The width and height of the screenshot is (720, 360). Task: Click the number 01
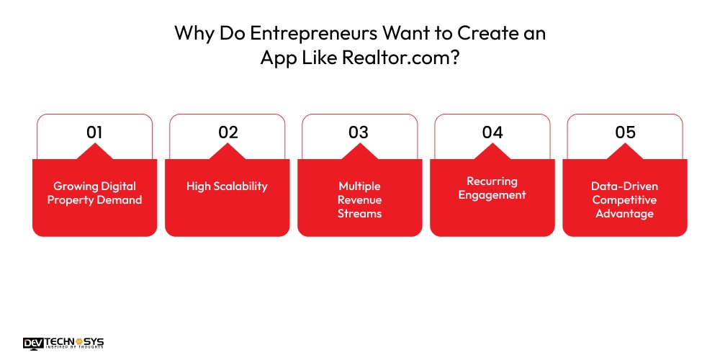click(x=94, y=132)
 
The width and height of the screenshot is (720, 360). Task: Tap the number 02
click(x=228, y=132)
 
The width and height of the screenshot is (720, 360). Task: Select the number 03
click(x=359, y=132)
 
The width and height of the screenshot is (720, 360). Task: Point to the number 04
click(x=492, y=132)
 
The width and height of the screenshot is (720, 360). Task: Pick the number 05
click(x=624, y=132)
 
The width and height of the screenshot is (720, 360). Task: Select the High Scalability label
click(x=228, y=186)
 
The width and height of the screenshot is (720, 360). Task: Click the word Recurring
click(x=492, y=181)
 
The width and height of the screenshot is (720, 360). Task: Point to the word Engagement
click(x=492, y=194)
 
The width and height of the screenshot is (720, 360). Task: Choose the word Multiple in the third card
click(x=359, y=186)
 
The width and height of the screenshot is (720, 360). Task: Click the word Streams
click(x=359, y=213)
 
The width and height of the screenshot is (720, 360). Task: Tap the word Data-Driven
click(x=624, y=186)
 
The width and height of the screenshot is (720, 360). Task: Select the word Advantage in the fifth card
click(x=624, y=213)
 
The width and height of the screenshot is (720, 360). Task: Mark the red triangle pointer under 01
click(x=94, y=152)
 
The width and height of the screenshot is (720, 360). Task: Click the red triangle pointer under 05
click(x=624, y=152)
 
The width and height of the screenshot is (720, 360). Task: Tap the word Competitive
click(x=624, y=199)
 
